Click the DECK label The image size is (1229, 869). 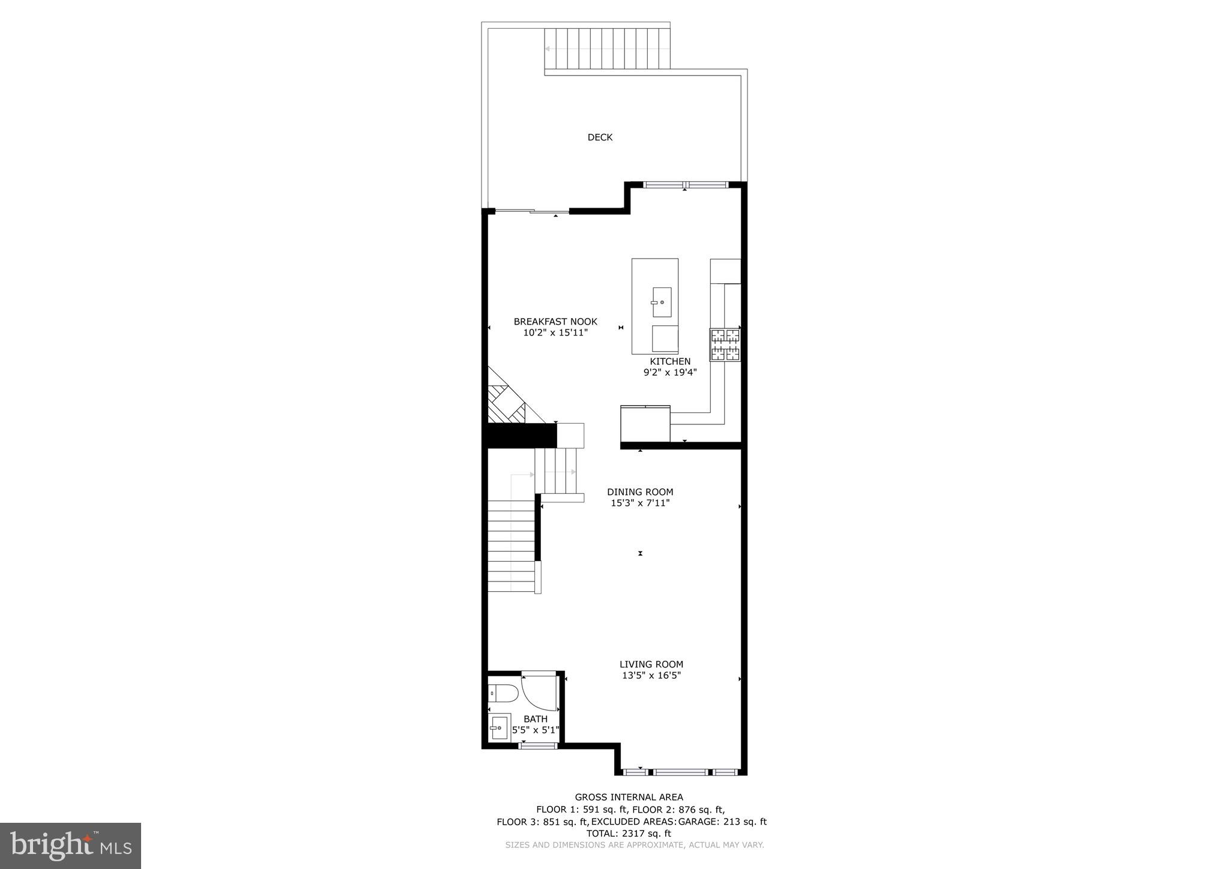click(600, 137)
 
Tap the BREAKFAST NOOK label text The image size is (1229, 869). click(555, 322)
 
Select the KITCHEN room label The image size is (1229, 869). click(670, 361)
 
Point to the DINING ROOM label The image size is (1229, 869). click(640, 492)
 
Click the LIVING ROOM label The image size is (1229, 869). click(651, 664)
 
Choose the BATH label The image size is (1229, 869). click(536, 719)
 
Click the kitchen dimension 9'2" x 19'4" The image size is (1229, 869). click(670, 372)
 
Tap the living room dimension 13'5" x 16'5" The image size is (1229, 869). click(651, 675)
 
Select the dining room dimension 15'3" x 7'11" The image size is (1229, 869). click(640, 503)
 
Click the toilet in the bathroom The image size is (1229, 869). click(503, 693)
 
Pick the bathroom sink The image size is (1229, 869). click(499, 729)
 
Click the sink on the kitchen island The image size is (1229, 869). click(662, 302)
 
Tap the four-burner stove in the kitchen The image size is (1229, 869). click(725, 345)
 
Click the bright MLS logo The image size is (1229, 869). click(70, 846)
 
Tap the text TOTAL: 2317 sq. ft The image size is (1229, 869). click(628, 834)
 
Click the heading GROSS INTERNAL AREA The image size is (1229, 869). click(629, 798)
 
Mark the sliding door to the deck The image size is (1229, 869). click(532, 211)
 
